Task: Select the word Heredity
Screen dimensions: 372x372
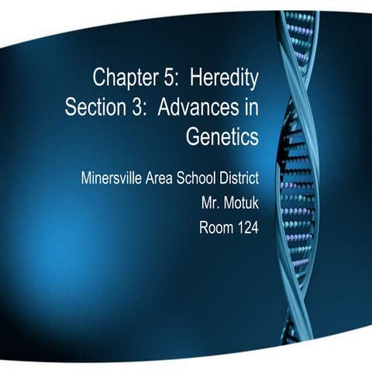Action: (224, 77)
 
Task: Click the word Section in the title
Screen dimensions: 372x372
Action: (95, 107)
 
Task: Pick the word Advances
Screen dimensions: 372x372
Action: (196, 107)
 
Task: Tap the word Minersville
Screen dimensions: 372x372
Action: (111, 177)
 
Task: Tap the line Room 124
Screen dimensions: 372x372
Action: (229, 228)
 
